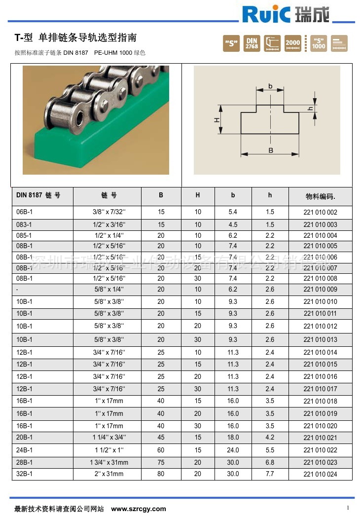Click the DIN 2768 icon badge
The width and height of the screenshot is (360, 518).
pyautogui.click(x=252, y=43)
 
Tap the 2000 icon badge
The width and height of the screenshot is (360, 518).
pyautogui.click(x=292, y=43)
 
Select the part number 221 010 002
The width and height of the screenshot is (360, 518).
pyautogui.click(x=320, y=212)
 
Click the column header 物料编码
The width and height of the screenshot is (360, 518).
pyautogui.click(x=320, y=196)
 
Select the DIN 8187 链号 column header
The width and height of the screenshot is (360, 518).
pyautogui.click(x=38, y=195)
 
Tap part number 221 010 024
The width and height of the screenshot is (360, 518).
pyautogui.click(x=320, y=474)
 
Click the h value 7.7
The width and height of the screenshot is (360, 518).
pyautogui.click(x=270, y=474)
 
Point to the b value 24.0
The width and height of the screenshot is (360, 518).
pyautogui.click(x=233, y=450)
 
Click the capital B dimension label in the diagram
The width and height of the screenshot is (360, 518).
pyautogui.click(x=271, y=150)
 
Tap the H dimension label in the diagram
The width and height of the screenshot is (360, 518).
pyautogui.click(x=216, y=120)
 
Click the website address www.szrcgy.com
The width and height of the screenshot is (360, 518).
pyautogui.click(x=139, y=509)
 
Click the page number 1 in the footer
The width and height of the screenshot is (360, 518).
pyautogui.click(x=348, y=508)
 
